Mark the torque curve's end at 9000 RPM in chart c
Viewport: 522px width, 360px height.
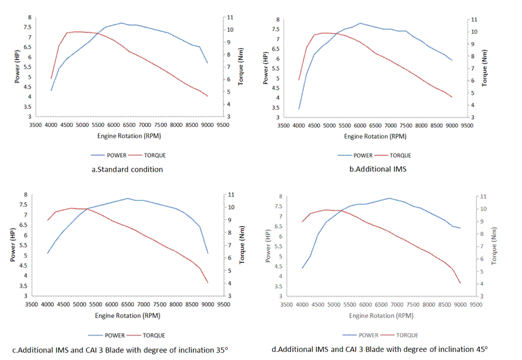pyautogui.click(x=208, y=283)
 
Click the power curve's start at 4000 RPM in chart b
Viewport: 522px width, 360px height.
pyautogui.click(x=299, y=109)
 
